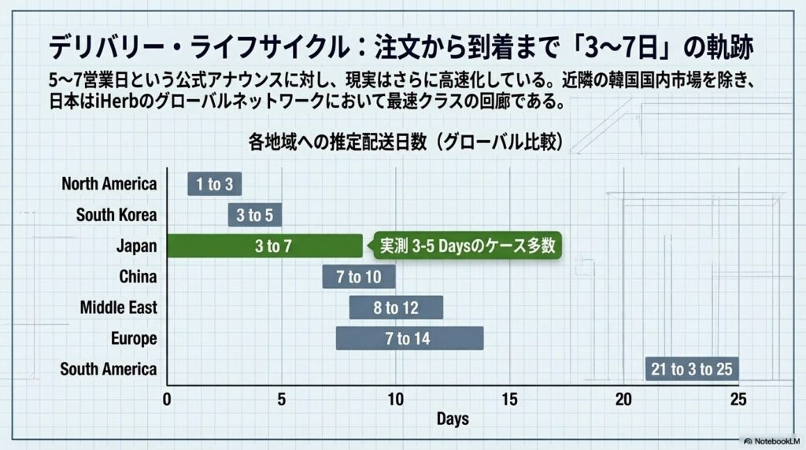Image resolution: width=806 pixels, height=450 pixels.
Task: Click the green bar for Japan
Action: click(x=264, y=245)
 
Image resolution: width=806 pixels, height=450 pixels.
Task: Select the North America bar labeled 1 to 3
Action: click(x=214, y=184)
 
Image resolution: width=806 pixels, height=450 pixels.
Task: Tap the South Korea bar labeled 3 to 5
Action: click(x=255, y=215)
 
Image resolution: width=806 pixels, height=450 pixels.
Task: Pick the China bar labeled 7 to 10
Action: click(x=359, y=277)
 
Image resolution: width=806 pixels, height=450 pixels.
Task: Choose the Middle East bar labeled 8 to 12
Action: click(x=396, y=308)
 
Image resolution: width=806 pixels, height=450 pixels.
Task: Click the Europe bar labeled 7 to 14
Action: click(x=409, y=338)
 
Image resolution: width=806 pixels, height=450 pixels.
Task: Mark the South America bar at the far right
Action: click(x=692, y=369)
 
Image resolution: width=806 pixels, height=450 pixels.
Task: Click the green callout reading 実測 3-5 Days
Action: click(x=468, y=245)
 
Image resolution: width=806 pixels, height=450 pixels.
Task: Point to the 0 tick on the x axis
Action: click(x=167, y=400)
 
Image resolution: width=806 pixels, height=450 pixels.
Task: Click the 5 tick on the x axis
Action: click(x=281, y=400)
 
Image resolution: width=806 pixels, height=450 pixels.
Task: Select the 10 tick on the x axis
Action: click(x=395, y=400)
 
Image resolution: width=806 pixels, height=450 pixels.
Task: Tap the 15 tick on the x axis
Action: click(x=509, y=400)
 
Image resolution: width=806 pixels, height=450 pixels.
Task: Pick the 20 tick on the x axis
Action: click(x=623, y=400)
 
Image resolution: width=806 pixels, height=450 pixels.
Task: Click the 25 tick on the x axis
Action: click(x=738, y=400)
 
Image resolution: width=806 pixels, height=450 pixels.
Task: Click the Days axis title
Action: click(x=453, y=419)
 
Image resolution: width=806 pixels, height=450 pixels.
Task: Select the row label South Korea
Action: click(x=116, y=215)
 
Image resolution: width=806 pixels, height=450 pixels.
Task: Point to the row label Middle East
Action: click(x=118, y=308)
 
